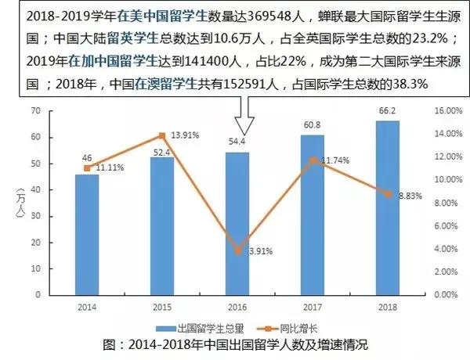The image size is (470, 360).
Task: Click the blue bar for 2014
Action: [x=87, y=235]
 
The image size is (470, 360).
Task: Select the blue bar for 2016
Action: [x=237, y=223]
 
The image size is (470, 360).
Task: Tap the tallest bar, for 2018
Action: [x=388, y=207]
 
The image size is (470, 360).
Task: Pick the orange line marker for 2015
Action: [x=162, y=135]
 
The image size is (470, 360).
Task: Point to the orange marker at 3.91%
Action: [x=237, y=250]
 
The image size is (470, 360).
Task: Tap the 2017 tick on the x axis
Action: [x=313, y=306]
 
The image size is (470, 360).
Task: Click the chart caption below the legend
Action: [x=235, y=344]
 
